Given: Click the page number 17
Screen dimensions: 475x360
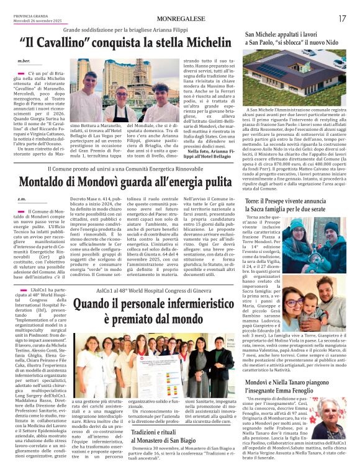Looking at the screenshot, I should click(x=342, y=19).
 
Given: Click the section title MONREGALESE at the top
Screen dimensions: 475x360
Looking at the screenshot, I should click(x=181, y=19).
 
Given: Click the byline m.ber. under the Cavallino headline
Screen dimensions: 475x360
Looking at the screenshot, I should click(x=24, y=61).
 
